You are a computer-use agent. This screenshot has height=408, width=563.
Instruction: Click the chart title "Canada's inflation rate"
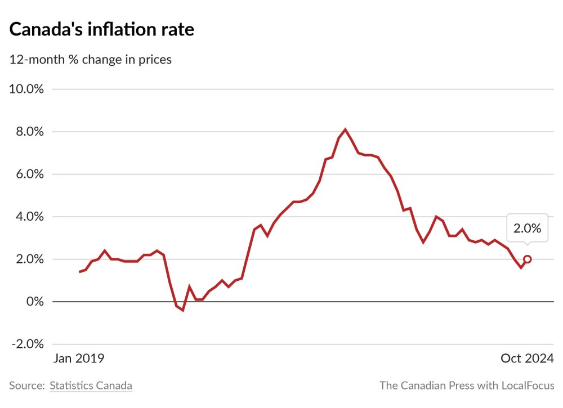[x=101, y=29]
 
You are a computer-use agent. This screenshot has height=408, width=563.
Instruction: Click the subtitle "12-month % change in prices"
[x=90, y=59]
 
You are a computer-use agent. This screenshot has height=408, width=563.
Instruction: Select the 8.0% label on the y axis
[x=29, y=132]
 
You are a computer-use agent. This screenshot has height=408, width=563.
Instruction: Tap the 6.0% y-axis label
[x=29, y=174]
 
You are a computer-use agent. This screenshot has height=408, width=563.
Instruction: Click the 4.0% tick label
[x=29, y=217]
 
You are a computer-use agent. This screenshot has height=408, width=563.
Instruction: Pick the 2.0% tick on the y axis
[x=29, y=259]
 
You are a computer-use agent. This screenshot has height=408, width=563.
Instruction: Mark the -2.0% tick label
[x=27, y=344]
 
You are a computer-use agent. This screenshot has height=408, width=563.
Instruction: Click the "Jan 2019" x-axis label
[x=79, y=358]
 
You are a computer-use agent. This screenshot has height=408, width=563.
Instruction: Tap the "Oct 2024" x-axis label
[x=528, y=358]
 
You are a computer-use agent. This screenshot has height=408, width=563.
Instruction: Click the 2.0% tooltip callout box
[x=527, y=228]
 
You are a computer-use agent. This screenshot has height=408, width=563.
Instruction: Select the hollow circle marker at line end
[x=528, y=259]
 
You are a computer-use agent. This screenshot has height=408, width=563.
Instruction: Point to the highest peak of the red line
[x=345, y=129]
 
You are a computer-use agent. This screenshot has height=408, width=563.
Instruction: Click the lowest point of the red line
[x=183, y=310]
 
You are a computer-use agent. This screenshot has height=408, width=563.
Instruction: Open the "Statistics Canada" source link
[x=91, y=385]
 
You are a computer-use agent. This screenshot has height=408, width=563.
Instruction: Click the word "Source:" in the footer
[x=26, y=385]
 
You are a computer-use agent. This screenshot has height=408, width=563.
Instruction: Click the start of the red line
[x=79, y=272]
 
